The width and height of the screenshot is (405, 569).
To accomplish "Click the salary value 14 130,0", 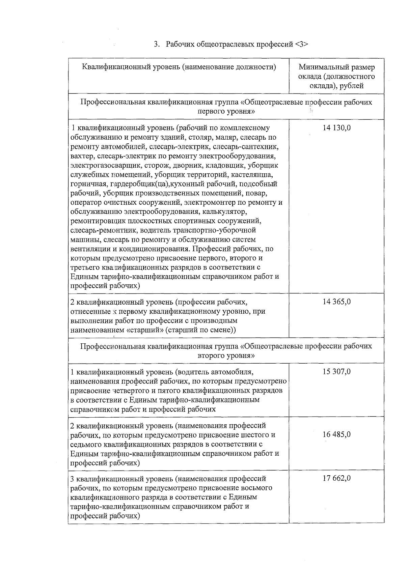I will pos(336,128).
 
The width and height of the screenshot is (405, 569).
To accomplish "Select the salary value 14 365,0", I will pos(336,302).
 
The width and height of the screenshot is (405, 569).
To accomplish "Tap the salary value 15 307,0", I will pos(336,372).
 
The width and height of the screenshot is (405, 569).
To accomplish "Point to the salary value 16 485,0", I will pos(336,434).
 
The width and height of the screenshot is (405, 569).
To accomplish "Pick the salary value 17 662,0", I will pos(336,478).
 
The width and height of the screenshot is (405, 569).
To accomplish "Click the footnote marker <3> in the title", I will pos(301,44).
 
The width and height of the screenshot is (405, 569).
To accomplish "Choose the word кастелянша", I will pos(256,175).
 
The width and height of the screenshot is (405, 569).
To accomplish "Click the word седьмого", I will pos(86,444).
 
